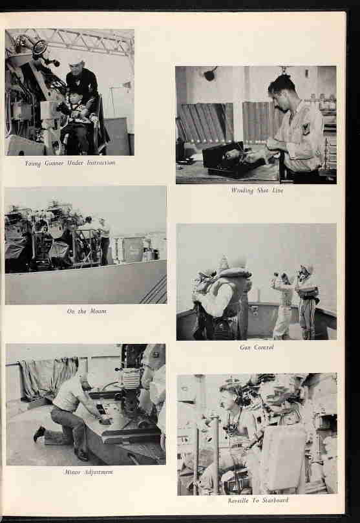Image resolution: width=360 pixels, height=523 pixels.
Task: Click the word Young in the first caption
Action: pos(34,164)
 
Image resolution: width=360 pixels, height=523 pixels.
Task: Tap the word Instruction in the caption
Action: pos(101,163)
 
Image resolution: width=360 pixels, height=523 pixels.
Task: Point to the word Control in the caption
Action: pos(264,347)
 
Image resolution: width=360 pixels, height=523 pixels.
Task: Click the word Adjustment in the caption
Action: pos(99,473)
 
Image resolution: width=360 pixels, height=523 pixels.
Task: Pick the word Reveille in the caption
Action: pos(238,500)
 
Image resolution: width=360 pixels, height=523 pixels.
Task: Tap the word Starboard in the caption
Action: pos(275,500)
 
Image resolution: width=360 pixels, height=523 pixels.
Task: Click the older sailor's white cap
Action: pos(77,62)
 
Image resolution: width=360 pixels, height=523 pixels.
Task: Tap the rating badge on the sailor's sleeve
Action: pos(305,128)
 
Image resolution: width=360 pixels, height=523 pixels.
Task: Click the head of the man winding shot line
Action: pos(282,89)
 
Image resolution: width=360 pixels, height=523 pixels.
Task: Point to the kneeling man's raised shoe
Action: pos(39,433)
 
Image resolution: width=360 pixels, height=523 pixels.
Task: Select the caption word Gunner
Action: pos(54,164)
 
